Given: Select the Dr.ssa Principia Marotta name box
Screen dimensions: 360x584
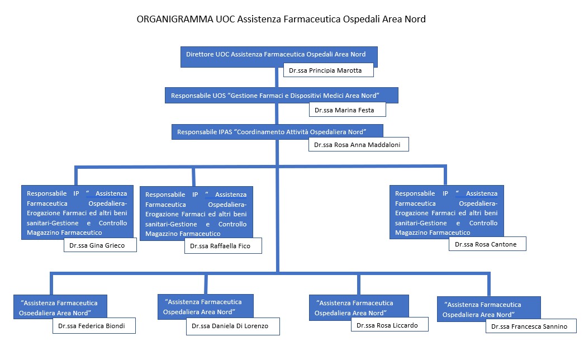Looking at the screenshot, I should tap(328, 70).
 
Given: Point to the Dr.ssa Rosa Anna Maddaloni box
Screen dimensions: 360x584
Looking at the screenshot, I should tap(358, 144).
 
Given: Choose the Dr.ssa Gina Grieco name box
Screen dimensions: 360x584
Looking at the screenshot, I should tap(100, 245).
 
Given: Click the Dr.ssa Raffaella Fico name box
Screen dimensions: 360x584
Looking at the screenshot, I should tap(223, 246).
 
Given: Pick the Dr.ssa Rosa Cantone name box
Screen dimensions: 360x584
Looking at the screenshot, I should tap(487, 244).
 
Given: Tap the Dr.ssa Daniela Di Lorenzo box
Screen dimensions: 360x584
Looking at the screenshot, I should tap(232, 326).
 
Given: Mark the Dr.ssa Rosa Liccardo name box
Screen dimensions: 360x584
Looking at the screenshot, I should tap(388, 325).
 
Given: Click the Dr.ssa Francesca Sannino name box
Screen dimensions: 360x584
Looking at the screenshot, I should tap(530, 326).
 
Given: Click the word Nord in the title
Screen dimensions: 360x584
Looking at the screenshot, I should tap(414, 20).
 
